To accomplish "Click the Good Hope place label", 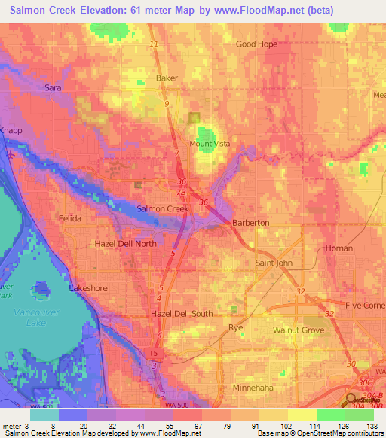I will tap(256, 44).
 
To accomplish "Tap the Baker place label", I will tap(166, 78).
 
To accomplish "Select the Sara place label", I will tap(53, 88).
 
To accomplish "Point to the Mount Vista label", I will tap(210, 144).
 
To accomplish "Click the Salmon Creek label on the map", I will tap(162, 208).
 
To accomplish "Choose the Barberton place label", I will tap(250, 224).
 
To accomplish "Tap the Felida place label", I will tap(69, 218).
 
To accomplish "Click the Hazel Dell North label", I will tap(125, 244).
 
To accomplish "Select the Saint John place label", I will tap(274, 263).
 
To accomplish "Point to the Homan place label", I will tap(339, 248).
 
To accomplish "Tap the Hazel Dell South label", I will tap(181, 314).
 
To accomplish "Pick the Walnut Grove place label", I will tap(297, 329).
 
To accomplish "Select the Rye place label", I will tap(236, 327).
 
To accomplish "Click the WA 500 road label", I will tap(177, 405).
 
